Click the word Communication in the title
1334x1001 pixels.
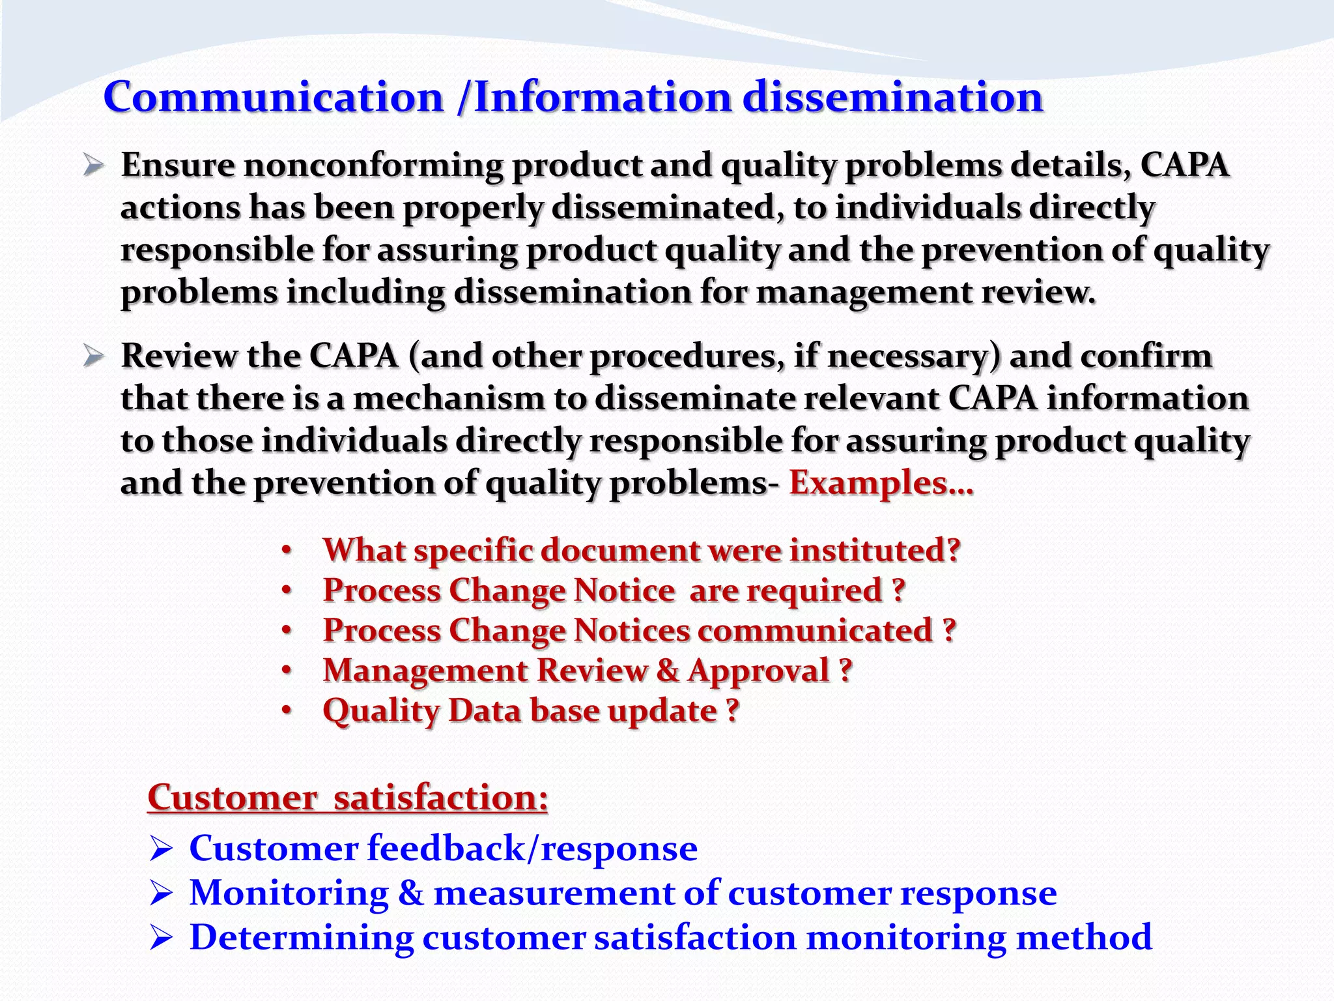tap(274, 98)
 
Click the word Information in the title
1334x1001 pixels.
tap(603, 98)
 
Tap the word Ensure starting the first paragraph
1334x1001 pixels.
tap(177, 165)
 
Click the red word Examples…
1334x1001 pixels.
tap(881, 483)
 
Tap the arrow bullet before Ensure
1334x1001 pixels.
tap(94, 166)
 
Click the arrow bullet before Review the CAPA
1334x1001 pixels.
tap(94, 356)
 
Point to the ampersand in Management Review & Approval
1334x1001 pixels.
tap(667, 671)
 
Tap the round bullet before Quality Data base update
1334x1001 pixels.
tap(287, 710)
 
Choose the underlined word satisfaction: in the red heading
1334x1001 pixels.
tap(440, 797)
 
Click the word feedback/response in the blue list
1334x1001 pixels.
tap(532, 849)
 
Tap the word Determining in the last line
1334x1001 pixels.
tap(302, 938)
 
